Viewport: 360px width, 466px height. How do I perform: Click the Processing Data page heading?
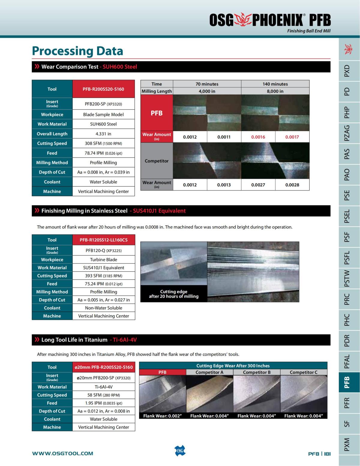click(77, 51)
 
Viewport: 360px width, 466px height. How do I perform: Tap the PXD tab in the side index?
click(347, 71)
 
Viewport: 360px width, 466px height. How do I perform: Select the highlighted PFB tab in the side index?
click(347, 382)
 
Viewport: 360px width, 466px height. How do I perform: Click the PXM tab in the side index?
click(347, 444)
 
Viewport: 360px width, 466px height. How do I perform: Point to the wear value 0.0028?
click(292, 185)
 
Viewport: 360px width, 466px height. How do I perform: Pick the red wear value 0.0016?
click(258, 137)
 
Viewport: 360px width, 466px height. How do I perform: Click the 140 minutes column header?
click(275, 84)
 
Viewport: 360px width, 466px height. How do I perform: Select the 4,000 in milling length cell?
click(207, 91)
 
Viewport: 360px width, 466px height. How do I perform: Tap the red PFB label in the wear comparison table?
click(157, 113)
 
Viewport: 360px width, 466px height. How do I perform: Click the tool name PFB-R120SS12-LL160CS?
click(103, 240)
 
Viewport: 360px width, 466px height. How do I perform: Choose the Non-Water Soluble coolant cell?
click(103, 308)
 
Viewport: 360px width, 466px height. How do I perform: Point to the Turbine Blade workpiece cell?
click(103, 260)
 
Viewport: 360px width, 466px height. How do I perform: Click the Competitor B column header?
click(256, 372)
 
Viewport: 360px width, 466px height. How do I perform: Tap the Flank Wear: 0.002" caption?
click(162, 416)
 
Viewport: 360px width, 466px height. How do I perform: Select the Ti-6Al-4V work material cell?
click(103, 387)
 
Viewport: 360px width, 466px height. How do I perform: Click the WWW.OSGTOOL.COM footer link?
click(62, 453)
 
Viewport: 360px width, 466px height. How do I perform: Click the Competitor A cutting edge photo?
click(209, 394)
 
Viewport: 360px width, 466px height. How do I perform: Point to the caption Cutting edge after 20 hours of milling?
click(174, 294)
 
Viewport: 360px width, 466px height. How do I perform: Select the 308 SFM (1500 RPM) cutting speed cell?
click(103, 143)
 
